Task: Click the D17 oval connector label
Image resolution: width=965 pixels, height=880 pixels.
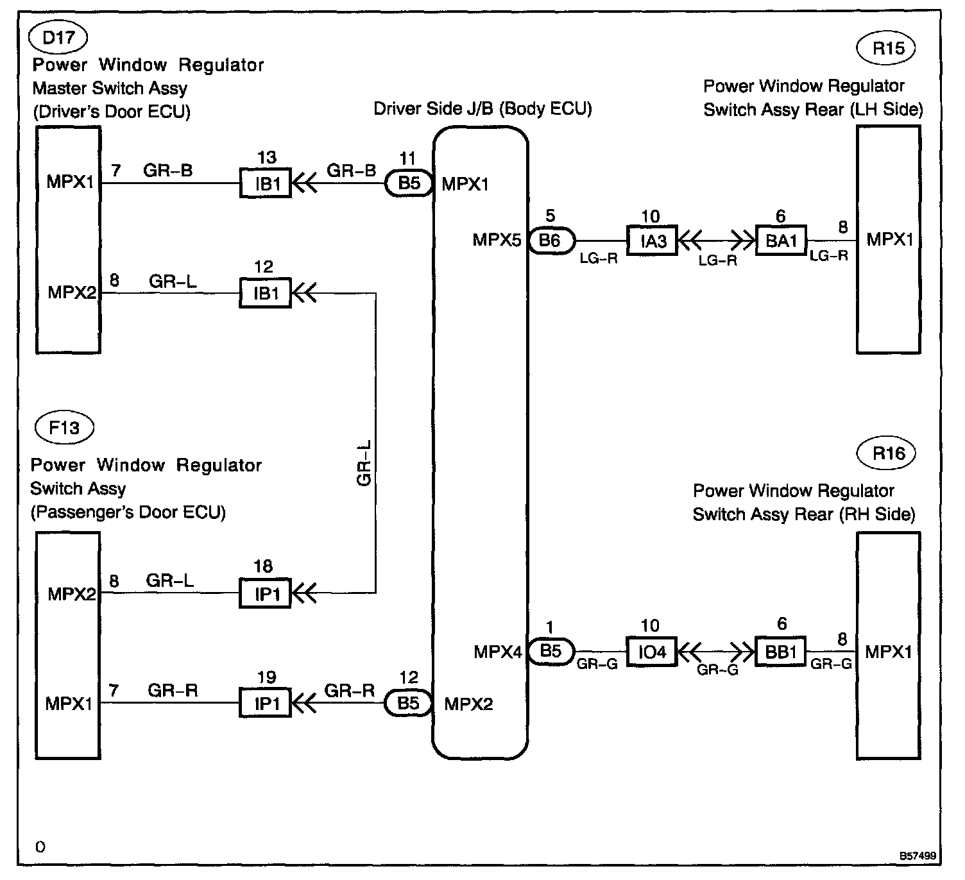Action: (x=58, y=37)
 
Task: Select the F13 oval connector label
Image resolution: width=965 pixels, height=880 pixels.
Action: (x=64, y=427)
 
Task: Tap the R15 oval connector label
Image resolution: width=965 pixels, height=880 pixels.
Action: (x=889, y=48)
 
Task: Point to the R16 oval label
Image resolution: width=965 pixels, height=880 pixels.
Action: (x=889, y=453)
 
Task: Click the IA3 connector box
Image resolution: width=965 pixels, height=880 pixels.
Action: (x=651, y=241)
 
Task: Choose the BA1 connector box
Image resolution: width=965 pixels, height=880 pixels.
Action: (x=781, y=241)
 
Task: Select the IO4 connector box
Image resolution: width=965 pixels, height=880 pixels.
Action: (x=651, y=652)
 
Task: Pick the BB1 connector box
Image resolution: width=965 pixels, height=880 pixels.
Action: (x=781, y=652)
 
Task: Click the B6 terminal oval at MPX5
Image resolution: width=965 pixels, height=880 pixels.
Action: (x=551, y=241)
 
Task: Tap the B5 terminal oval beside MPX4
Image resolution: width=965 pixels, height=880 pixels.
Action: (x=551, y=652)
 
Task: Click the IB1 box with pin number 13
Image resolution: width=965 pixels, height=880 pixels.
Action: (x=266, y=183)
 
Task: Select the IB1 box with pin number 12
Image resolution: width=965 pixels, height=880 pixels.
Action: (x=266, y=294)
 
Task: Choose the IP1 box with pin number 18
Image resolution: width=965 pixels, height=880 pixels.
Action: (x=266, y=594)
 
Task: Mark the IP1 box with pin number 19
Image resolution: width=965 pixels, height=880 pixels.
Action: (x=266, y=704)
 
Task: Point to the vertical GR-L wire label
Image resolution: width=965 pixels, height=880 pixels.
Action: (x=364, y=463)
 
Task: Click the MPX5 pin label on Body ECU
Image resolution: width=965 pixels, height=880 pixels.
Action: (x=497, y=241)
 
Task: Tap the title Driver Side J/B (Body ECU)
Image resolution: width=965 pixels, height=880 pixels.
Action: (x=482, y=108)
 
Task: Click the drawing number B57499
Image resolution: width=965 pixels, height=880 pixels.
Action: (x=917, y=856)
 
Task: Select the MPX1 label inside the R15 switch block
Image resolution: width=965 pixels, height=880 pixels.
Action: (x=889, y=240)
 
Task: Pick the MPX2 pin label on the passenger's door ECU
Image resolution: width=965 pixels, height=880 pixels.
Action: (x=71, y=594)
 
